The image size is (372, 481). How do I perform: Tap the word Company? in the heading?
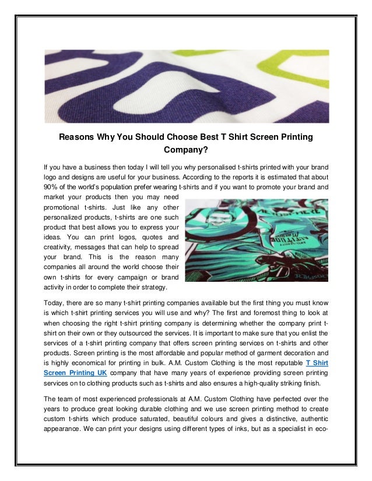point(185,149)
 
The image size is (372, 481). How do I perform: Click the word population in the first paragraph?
point(122,188)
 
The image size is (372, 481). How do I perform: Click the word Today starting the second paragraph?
point(54,302)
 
